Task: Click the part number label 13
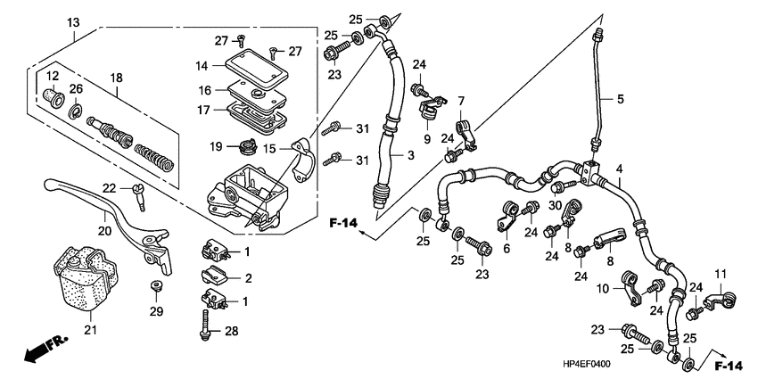pos(72,21)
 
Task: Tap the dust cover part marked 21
pos(86,277)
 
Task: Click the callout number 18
pos(114,79)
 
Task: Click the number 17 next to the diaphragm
pos(202,111)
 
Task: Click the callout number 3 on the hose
pos(411,155)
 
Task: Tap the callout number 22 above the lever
pos(109,187)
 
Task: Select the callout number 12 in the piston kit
pos(52,75)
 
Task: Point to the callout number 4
pos(619,168)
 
